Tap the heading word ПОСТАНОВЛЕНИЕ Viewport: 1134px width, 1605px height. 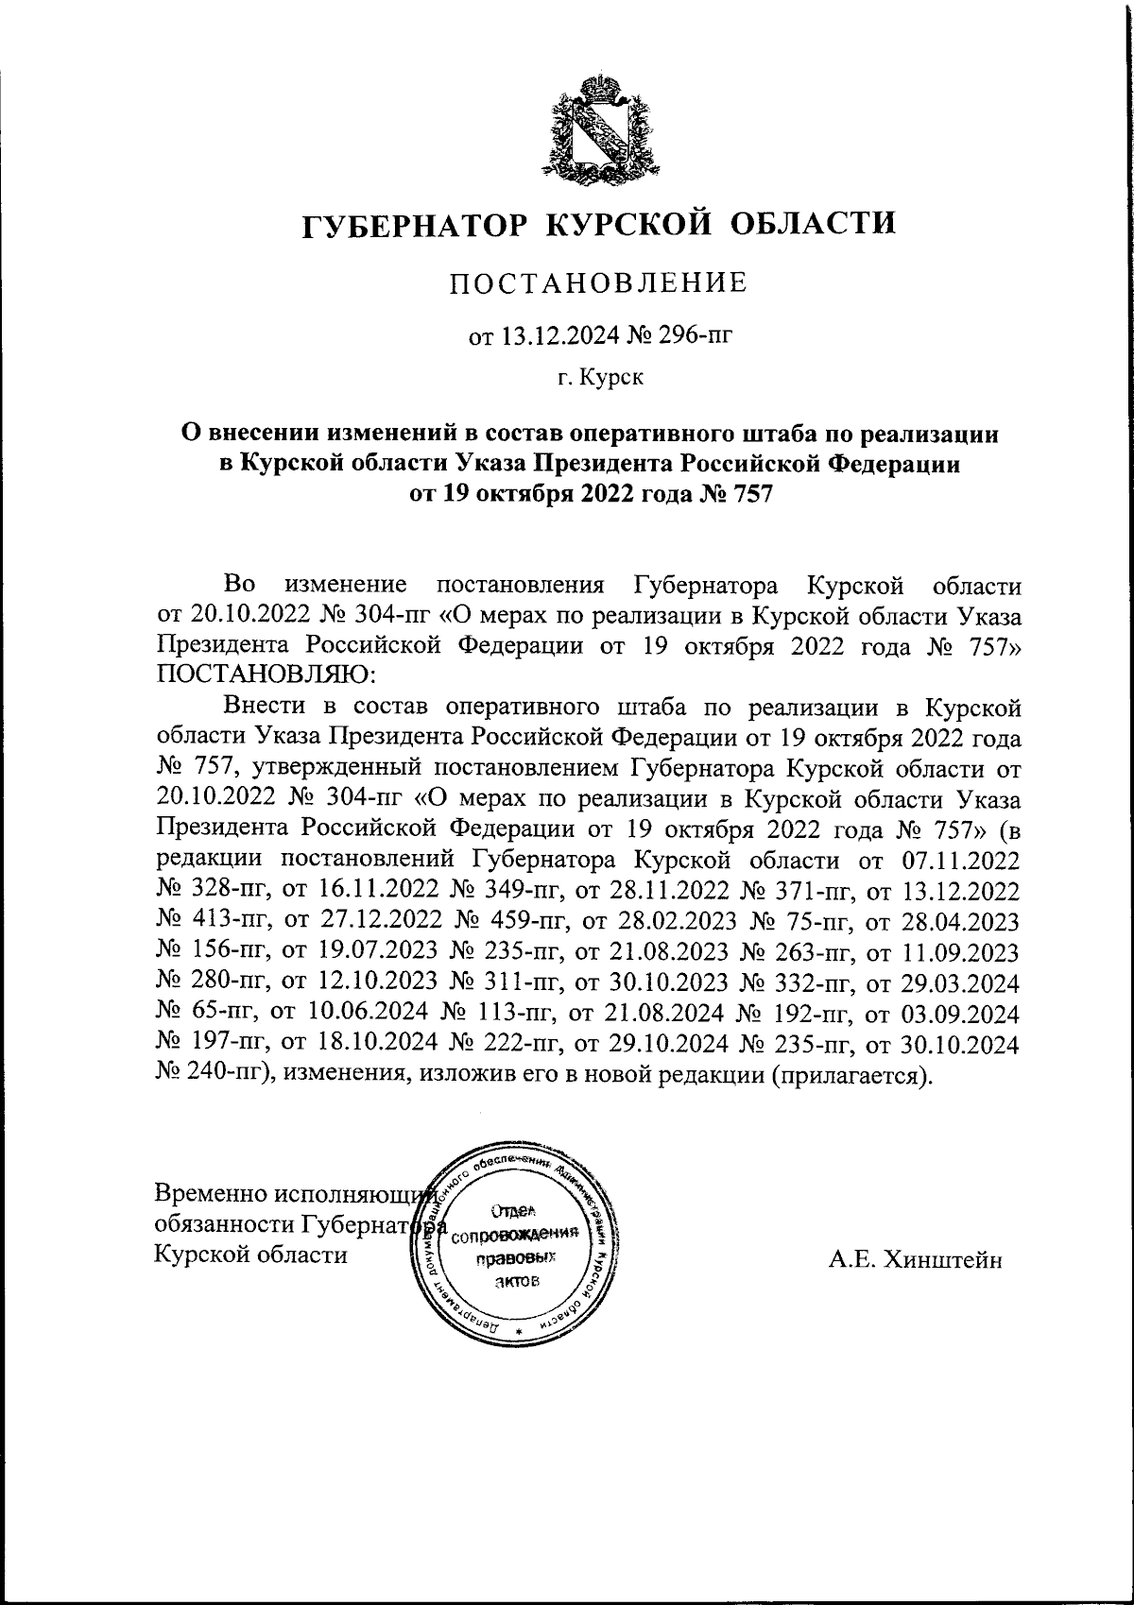tap(598, 282)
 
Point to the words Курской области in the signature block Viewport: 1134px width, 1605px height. tap(250, 1255)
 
